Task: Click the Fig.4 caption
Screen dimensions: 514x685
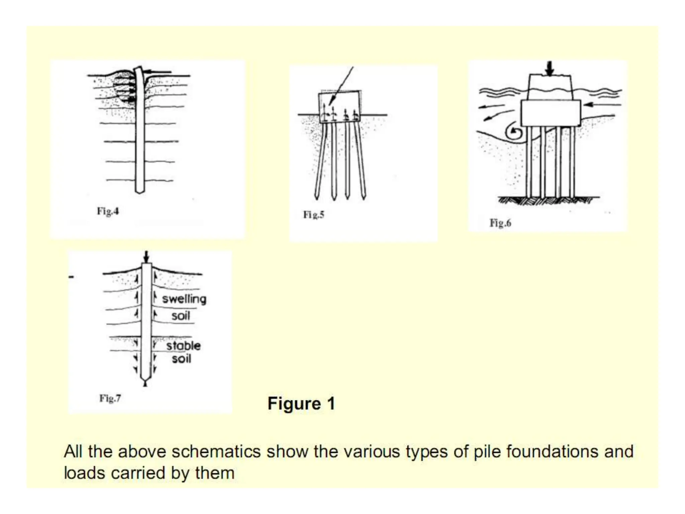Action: (x=108, y=211)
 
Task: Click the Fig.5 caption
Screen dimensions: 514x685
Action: (x=313, y=215)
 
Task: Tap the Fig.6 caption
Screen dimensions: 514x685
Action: (x=500, y=223)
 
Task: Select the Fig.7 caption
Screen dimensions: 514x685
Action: (x=110, y=398)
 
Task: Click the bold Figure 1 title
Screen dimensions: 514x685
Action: (x=301, y=403)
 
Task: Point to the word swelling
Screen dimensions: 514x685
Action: (x=184, y=299)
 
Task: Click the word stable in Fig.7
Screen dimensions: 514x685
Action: (x=183, y=346)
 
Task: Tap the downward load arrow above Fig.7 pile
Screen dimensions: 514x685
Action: (x=146, y=257)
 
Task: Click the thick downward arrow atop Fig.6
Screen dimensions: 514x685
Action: (x=549, y=68)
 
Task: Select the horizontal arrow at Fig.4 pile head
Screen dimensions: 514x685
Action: (x=157, y=71)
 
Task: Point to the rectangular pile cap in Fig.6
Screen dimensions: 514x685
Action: (x=551, y=113)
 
